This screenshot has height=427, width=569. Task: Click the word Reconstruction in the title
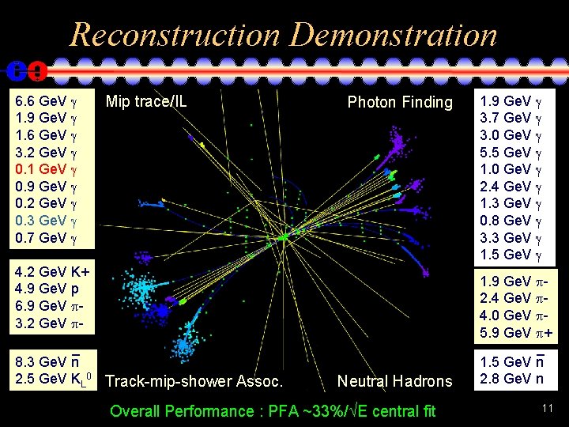174,35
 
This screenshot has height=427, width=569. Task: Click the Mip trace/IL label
146,101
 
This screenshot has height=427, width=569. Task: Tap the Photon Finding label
400,102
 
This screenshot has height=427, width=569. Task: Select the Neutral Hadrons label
394,381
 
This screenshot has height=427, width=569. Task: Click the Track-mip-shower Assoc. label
194,381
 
